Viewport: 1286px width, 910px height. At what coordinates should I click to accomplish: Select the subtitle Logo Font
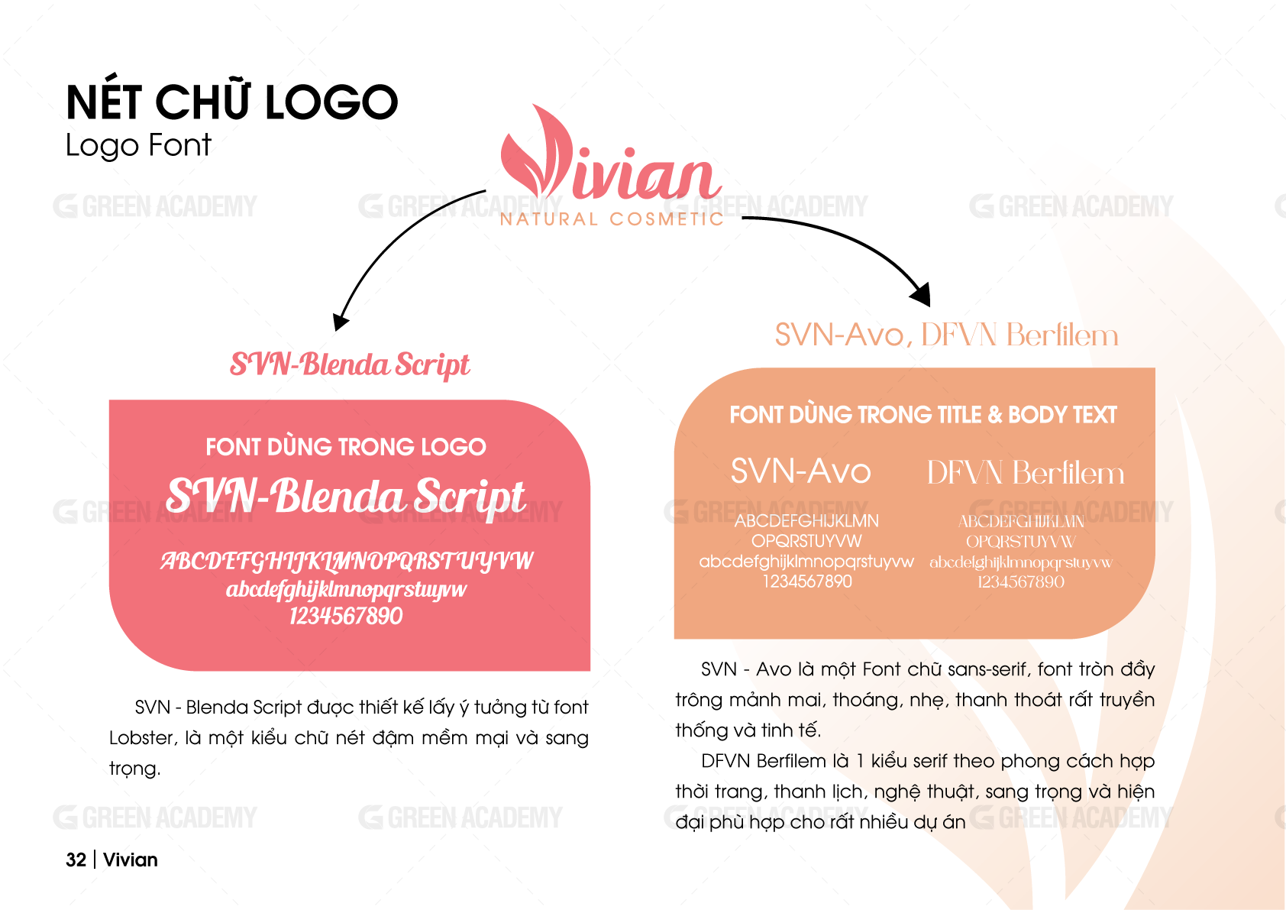click(138, 144)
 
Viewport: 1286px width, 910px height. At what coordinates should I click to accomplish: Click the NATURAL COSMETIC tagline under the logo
click(612, 219)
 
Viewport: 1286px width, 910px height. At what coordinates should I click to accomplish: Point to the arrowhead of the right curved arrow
click(921, 295)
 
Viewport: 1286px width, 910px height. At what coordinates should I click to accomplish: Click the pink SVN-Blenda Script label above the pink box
click(350, 364)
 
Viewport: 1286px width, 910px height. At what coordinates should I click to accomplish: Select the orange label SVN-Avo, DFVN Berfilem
click(947, 335)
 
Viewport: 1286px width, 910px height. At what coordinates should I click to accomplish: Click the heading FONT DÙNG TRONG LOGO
click(346, 447)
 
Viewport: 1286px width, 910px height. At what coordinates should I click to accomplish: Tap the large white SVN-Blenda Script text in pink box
click(346, 496)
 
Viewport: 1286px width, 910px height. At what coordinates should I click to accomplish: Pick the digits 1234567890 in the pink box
click(346, 616)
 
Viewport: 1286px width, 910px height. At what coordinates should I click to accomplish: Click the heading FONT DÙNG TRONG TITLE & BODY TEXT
click(923, 415)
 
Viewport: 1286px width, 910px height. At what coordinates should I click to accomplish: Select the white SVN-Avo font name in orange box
click(801, 471)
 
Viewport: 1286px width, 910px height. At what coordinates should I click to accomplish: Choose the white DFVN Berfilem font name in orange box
click(1026, 473)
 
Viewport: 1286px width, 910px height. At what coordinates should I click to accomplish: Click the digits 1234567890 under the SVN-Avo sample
click(807, 581)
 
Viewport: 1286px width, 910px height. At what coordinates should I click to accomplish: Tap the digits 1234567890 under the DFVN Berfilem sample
click(1021, 582)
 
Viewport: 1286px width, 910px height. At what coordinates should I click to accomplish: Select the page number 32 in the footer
click(76, 860)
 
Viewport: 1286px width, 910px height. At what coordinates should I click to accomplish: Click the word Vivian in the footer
click(131, 860)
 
